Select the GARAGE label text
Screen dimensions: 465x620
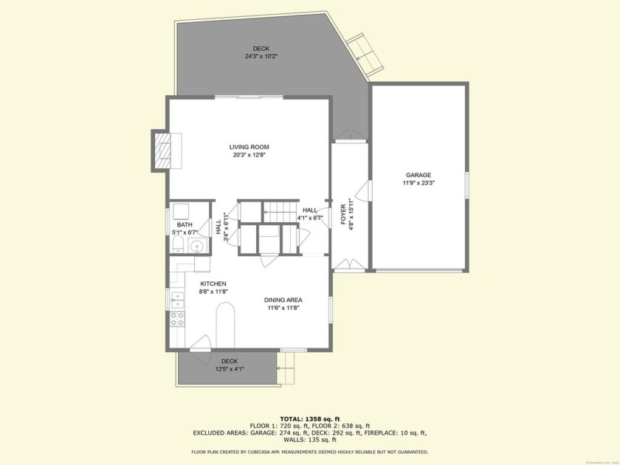coord(418,175)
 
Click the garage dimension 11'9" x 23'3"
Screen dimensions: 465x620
coord(418,183)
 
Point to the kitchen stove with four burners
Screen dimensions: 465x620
coord(178,319)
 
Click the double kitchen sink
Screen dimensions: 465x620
coord(177,298)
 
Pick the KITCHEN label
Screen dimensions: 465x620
coord(213,283)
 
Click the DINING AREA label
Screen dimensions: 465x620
coord(284,300)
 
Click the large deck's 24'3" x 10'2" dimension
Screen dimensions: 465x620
coord(261,56)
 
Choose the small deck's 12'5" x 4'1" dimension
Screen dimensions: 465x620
coord(230,369)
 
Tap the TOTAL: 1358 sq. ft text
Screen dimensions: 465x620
coord(309,418)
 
